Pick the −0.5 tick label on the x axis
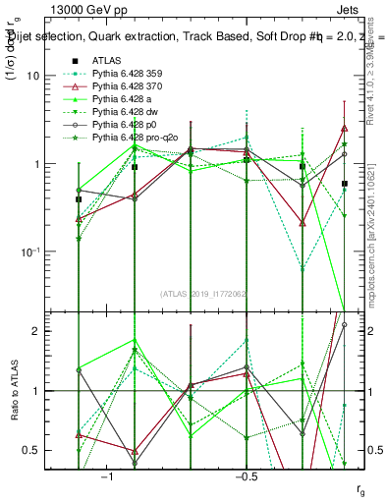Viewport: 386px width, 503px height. (x=245, y=476)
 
